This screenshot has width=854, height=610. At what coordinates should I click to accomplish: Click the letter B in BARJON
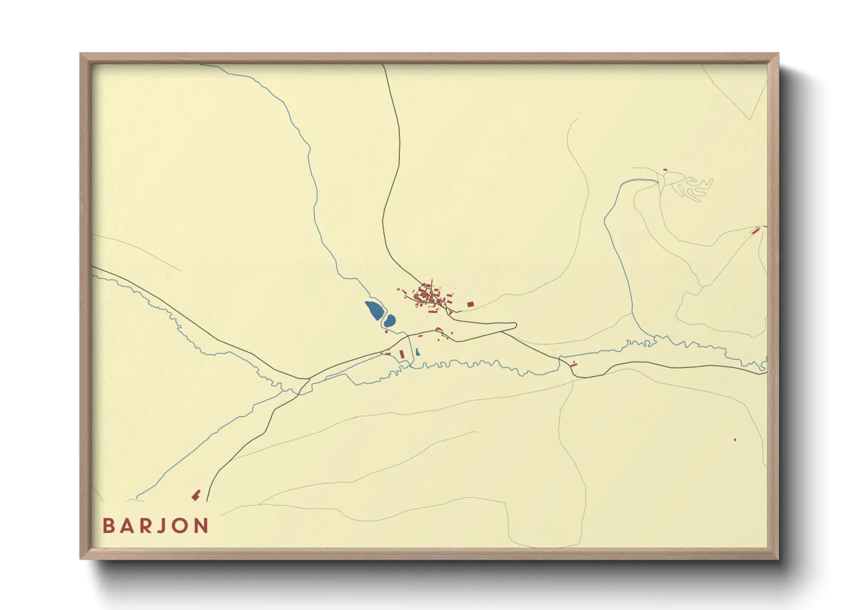(x=108, y=526)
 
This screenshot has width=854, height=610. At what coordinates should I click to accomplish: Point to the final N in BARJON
(x=201, y=526)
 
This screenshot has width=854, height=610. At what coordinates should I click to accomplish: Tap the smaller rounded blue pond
(x=389, y=321)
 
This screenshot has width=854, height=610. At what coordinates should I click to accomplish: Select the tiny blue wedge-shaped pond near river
(x=417, y=352)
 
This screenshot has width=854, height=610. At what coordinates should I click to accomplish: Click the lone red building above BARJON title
(x=196, y=495)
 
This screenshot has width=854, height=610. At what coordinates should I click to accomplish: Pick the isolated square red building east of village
(x=470, y=304)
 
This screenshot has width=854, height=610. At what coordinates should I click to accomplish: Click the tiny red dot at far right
(x=735, y=440)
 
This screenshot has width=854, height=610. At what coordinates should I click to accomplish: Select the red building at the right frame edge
(x=755, y=231)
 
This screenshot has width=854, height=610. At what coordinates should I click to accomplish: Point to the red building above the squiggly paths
(x=665, y=170)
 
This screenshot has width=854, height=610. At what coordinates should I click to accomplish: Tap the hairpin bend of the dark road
(x=514, y=326)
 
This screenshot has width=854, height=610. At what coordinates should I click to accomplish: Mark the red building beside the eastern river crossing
(x=573, y=364)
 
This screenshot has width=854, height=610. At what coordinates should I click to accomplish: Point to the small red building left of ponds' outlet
(x=387, y=353)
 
